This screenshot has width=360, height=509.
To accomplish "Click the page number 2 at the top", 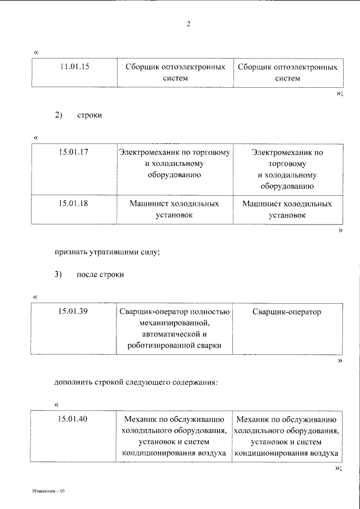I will [189, 24].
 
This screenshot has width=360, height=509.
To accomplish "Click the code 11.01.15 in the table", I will [74, 67].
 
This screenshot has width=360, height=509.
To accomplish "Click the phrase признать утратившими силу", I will [107, 253].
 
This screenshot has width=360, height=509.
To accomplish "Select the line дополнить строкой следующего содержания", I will [135, 382].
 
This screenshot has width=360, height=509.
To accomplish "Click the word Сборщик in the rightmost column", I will [253, 67].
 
